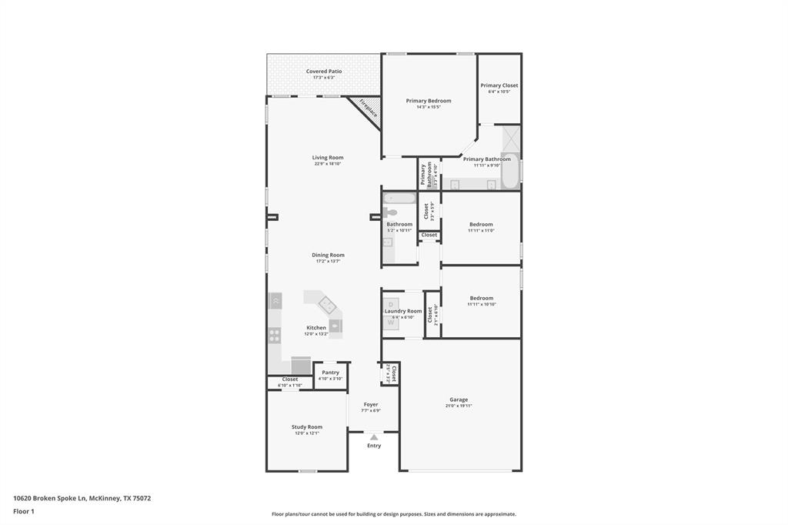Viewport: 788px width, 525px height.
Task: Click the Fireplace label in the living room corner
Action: (x=369, y=108)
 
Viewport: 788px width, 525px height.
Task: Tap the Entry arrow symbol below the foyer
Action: (x=374, y=437)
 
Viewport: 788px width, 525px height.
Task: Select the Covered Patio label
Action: (x=324, y=72)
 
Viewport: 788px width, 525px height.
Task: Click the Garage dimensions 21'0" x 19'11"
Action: (x=459, y=406)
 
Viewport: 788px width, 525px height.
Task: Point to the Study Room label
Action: (x=307, y=426)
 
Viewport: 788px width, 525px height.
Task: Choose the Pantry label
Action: (x=331, y=373)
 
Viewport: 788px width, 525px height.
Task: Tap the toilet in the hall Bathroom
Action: (x=391, y=212)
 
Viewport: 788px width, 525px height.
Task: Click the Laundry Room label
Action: (x=403, y=311)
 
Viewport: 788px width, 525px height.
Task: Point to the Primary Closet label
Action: (x=499, y=85)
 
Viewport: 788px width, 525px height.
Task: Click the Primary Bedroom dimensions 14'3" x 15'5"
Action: (x=429, y=107)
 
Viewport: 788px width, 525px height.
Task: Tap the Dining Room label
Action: (x=328, y=255)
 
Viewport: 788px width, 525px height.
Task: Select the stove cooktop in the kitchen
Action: (x=274, y=335)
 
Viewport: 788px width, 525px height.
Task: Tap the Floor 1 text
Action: (x=24, y=511)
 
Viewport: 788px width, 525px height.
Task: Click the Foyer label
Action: (x=371, y=404)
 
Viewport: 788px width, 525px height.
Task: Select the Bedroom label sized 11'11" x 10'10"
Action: (x=481, y=298)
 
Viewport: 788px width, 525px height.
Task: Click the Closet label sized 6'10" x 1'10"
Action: (x=290, y=379)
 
